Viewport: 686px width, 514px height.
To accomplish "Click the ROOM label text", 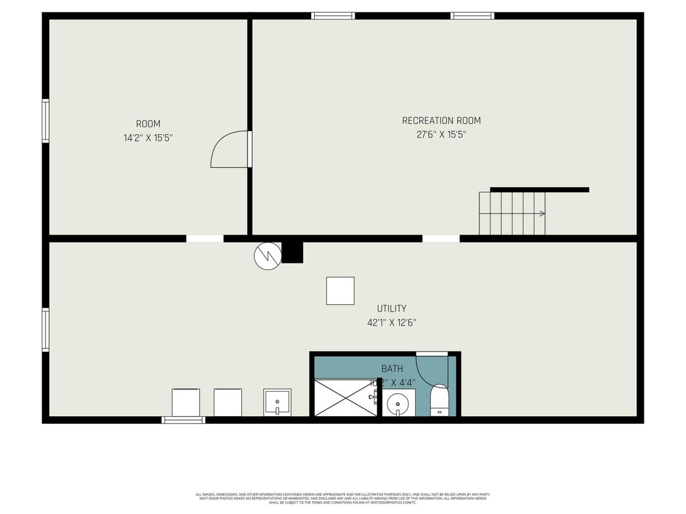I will pyautogui.click(x=148, y=124).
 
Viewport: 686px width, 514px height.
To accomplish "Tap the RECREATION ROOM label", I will pyautogui.click(x=441, y=121).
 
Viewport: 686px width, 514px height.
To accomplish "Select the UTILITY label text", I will pyautogui.click(x=391, y=309).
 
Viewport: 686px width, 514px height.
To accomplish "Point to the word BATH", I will pyautogui.click(x=392, y=369).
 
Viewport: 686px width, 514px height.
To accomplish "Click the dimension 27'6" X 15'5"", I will pyautogui.click(x=441, y=135).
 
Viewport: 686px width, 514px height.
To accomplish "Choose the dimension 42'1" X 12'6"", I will pyautogui.click(x=391, y=323).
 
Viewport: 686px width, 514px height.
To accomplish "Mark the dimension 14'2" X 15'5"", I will pyautogui.click(x=148, y=137).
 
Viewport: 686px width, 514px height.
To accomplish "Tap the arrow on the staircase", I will pyautogui.click(x=541, y=214).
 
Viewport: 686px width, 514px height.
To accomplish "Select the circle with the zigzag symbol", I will pyautogui.click(x=267, y=256).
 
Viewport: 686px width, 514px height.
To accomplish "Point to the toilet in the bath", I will pyautogui.click(x=440, y=400).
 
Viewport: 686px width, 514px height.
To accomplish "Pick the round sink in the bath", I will pyautogui.click(x=398, y=403).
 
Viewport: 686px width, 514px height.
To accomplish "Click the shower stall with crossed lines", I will pyautogui.click(x=344, y=397).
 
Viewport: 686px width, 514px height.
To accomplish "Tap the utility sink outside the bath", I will pyautogui.click(x=277, y=402).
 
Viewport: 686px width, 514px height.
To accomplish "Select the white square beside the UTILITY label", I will pyautogui.click(x=340, y=291).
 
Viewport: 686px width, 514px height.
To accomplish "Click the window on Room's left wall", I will pyautogui.click(x=45, y=120).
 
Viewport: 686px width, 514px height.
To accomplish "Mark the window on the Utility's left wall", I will pyautogui.click(x=45, y=330).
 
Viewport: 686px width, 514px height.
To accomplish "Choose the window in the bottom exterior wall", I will pyautogui.click(x=183, y=420).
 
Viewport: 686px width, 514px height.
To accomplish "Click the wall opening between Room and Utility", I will pyautogui.click(x=205, y=239).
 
